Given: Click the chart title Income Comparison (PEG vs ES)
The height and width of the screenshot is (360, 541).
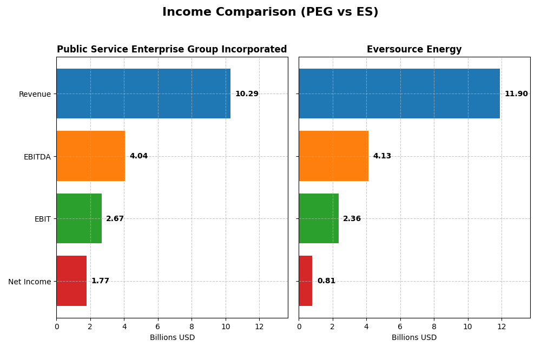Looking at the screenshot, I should (270, 12).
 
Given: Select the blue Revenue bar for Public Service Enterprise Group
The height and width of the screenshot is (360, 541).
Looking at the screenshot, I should (143, 94).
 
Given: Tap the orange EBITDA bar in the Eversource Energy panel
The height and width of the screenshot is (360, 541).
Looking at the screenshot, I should (333, 156).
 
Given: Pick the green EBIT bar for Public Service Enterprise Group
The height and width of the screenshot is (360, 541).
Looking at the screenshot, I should (79, 218).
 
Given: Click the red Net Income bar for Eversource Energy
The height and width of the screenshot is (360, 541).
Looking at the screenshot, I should (306, 281).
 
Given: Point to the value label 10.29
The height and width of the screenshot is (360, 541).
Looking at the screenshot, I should (247, 94).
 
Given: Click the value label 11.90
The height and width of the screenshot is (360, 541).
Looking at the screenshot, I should (516, 94).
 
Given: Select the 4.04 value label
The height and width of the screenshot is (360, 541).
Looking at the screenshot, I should (138, 156).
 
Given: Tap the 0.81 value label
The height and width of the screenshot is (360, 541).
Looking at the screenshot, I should (326, 281).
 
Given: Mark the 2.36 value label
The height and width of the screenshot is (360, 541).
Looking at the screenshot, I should (352, 219).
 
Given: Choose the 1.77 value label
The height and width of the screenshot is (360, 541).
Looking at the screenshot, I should (100, 281).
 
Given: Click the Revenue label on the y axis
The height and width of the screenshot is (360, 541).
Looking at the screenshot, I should (35, 94).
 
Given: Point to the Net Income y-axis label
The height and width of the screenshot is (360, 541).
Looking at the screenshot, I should (29, 282).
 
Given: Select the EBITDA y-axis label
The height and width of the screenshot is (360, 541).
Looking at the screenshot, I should (37, 157).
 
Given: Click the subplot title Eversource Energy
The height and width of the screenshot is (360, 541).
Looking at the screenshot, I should (414, 50).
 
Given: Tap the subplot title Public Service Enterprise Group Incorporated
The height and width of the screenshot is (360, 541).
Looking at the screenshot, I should (171, 50).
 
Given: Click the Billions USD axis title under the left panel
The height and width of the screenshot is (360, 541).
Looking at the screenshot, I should (172, 338).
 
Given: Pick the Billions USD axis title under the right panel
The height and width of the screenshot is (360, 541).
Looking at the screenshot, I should (414, 338).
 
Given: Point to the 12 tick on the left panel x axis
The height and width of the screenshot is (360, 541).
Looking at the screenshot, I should (259, 326).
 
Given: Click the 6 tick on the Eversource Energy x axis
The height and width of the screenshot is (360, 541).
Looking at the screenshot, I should (400, 326).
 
